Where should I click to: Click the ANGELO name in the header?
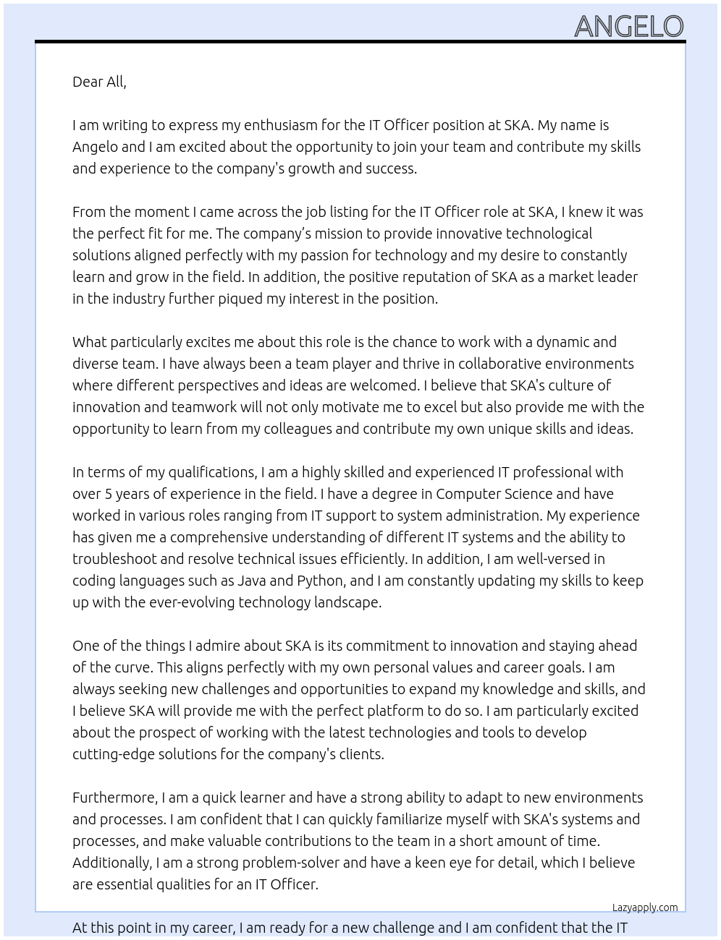coord(628,27)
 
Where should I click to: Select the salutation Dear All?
coord(99,82)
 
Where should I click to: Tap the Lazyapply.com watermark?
coord(645,907)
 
